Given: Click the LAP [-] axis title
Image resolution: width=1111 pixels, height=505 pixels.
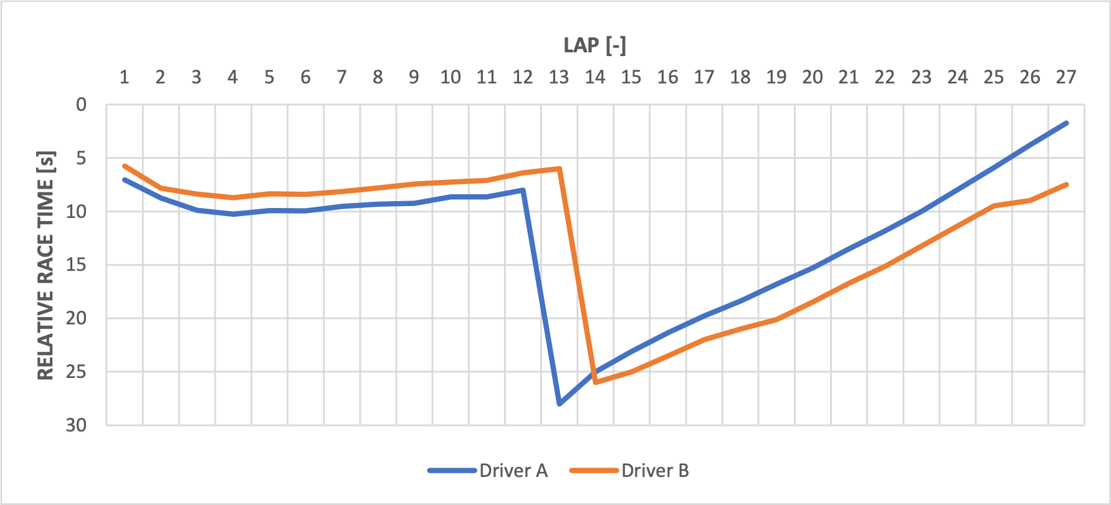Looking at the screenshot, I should tap(594, 45).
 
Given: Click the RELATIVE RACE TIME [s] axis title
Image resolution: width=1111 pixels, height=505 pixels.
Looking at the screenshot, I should tap(45, 265).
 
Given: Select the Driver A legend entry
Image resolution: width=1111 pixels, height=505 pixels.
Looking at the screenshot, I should tap(488, 471).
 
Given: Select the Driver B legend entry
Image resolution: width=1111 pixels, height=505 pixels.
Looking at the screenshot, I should tap(630, 471).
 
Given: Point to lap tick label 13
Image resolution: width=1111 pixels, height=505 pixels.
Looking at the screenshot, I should tap(558, 77).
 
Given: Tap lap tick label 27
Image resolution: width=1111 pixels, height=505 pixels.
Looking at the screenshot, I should tap(1066, 77).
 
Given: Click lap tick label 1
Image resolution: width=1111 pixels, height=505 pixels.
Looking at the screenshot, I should tap(124, 77).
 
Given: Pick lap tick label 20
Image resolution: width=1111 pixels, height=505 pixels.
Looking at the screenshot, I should tap(812, 77).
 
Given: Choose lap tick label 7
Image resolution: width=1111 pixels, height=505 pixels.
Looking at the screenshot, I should tap(341, 77).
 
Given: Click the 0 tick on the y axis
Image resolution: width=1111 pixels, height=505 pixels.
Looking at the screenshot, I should tap(81, 105).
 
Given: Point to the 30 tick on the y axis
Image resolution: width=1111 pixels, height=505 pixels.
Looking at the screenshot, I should tap(76, 425).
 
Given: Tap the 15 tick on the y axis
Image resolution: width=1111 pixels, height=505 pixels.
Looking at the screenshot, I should tap(76, 265).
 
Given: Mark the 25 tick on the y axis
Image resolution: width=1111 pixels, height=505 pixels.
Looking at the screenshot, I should tap(76, 372).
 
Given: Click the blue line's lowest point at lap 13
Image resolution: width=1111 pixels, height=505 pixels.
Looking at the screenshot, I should tap(560, 404).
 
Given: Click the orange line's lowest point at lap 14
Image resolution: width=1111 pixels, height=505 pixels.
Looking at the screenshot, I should tap(596, 382).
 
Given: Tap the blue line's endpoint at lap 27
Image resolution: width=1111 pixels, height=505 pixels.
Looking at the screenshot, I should tap(1066, 123).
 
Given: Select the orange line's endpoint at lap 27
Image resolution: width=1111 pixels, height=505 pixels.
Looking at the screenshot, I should tap(1066, 185).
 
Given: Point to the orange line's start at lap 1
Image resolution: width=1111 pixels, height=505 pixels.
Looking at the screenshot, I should tap(125, 166).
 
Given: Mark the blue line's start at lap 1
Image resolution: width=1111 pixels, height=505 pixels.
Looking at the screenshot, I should tap(125, 180).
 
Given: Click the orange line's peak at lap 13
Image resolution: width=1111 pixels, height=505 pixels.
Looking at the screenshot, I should tap(560, 169).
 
